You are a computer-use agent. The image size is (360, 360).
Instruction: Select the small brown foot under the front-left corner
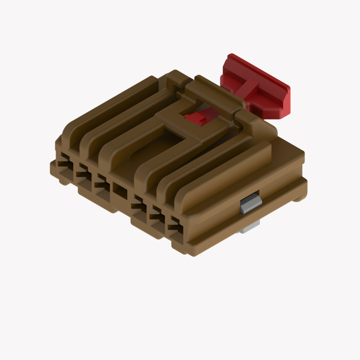click(x=64, y=180)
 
